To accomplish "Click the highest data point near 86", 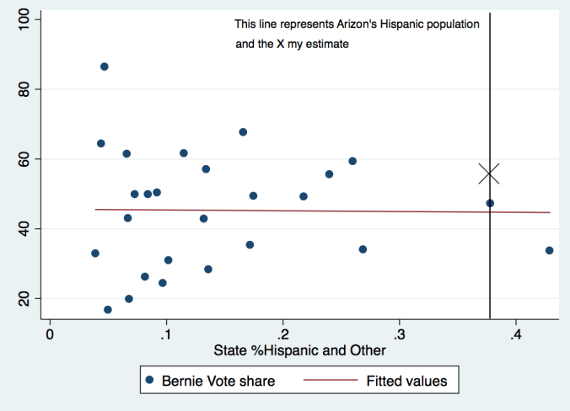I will coord(105,67).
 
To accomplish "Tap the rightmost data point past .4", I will coord(549,250).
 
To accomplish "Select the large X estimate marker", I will coord(489,173).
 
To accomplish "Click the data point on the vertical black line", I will coord(490,203).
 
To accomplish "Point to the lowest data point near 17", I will coord(108,310).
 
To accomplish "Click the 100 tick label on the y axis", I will coord(24,19).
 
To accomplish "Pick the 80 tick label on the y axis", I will coord(24,89).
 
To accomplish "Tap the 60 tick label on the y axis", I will coord(24,159).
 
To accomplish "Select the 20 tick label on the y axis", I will coord(24,299).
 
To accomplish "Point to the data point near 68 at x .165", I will coord(243,132).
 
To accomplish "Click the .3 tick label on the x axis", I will coord(399,334).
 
